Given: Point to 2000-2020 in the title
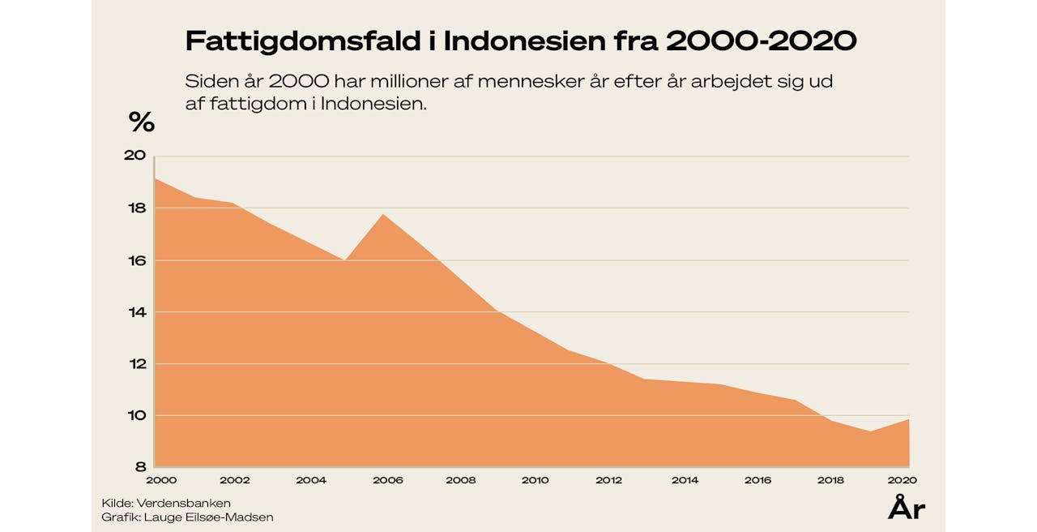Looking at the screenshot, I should pyautogui.click(x=761, y=41).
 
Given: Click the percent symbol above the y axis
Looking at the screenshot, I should pyautogui.click(x=141, y=122).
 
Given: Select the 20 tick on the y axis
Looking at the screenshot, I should pyautogui.click(x=134, y=156).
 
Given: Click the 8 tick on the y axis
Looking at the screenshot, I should pyautogui.click(x=139, y=467).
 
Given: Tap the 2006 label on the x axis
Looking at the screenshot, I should pyautogui.click(x=387, y=480).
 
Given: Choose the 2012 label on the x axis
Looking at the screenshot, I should pyautogui.click(x=609, y=480).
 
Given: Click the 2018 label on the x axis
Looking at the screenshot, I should pyautogui.click(x=830, y=480).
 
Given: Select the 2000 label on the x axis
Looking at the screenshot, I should pyautogui.click(x=161, y=480).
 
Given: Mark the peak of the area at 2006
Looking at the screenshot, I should pyautogui.click(x=383, y=214).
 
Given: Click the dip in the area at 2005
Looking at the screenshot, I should pyautogui.click(x=346, y=260).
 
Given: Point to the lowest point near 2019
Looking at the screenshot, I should pyautogui.click(x=871, y=431).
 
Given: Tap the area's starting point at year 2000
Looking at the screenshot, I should pyautogui.click(x=155, y=178).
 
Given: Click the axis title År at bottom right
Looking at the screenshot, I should pyautogui.click(x=907, y=508).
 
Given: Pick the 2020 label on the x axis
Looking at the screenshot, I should pyautogui.click(x=903, y=480).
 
